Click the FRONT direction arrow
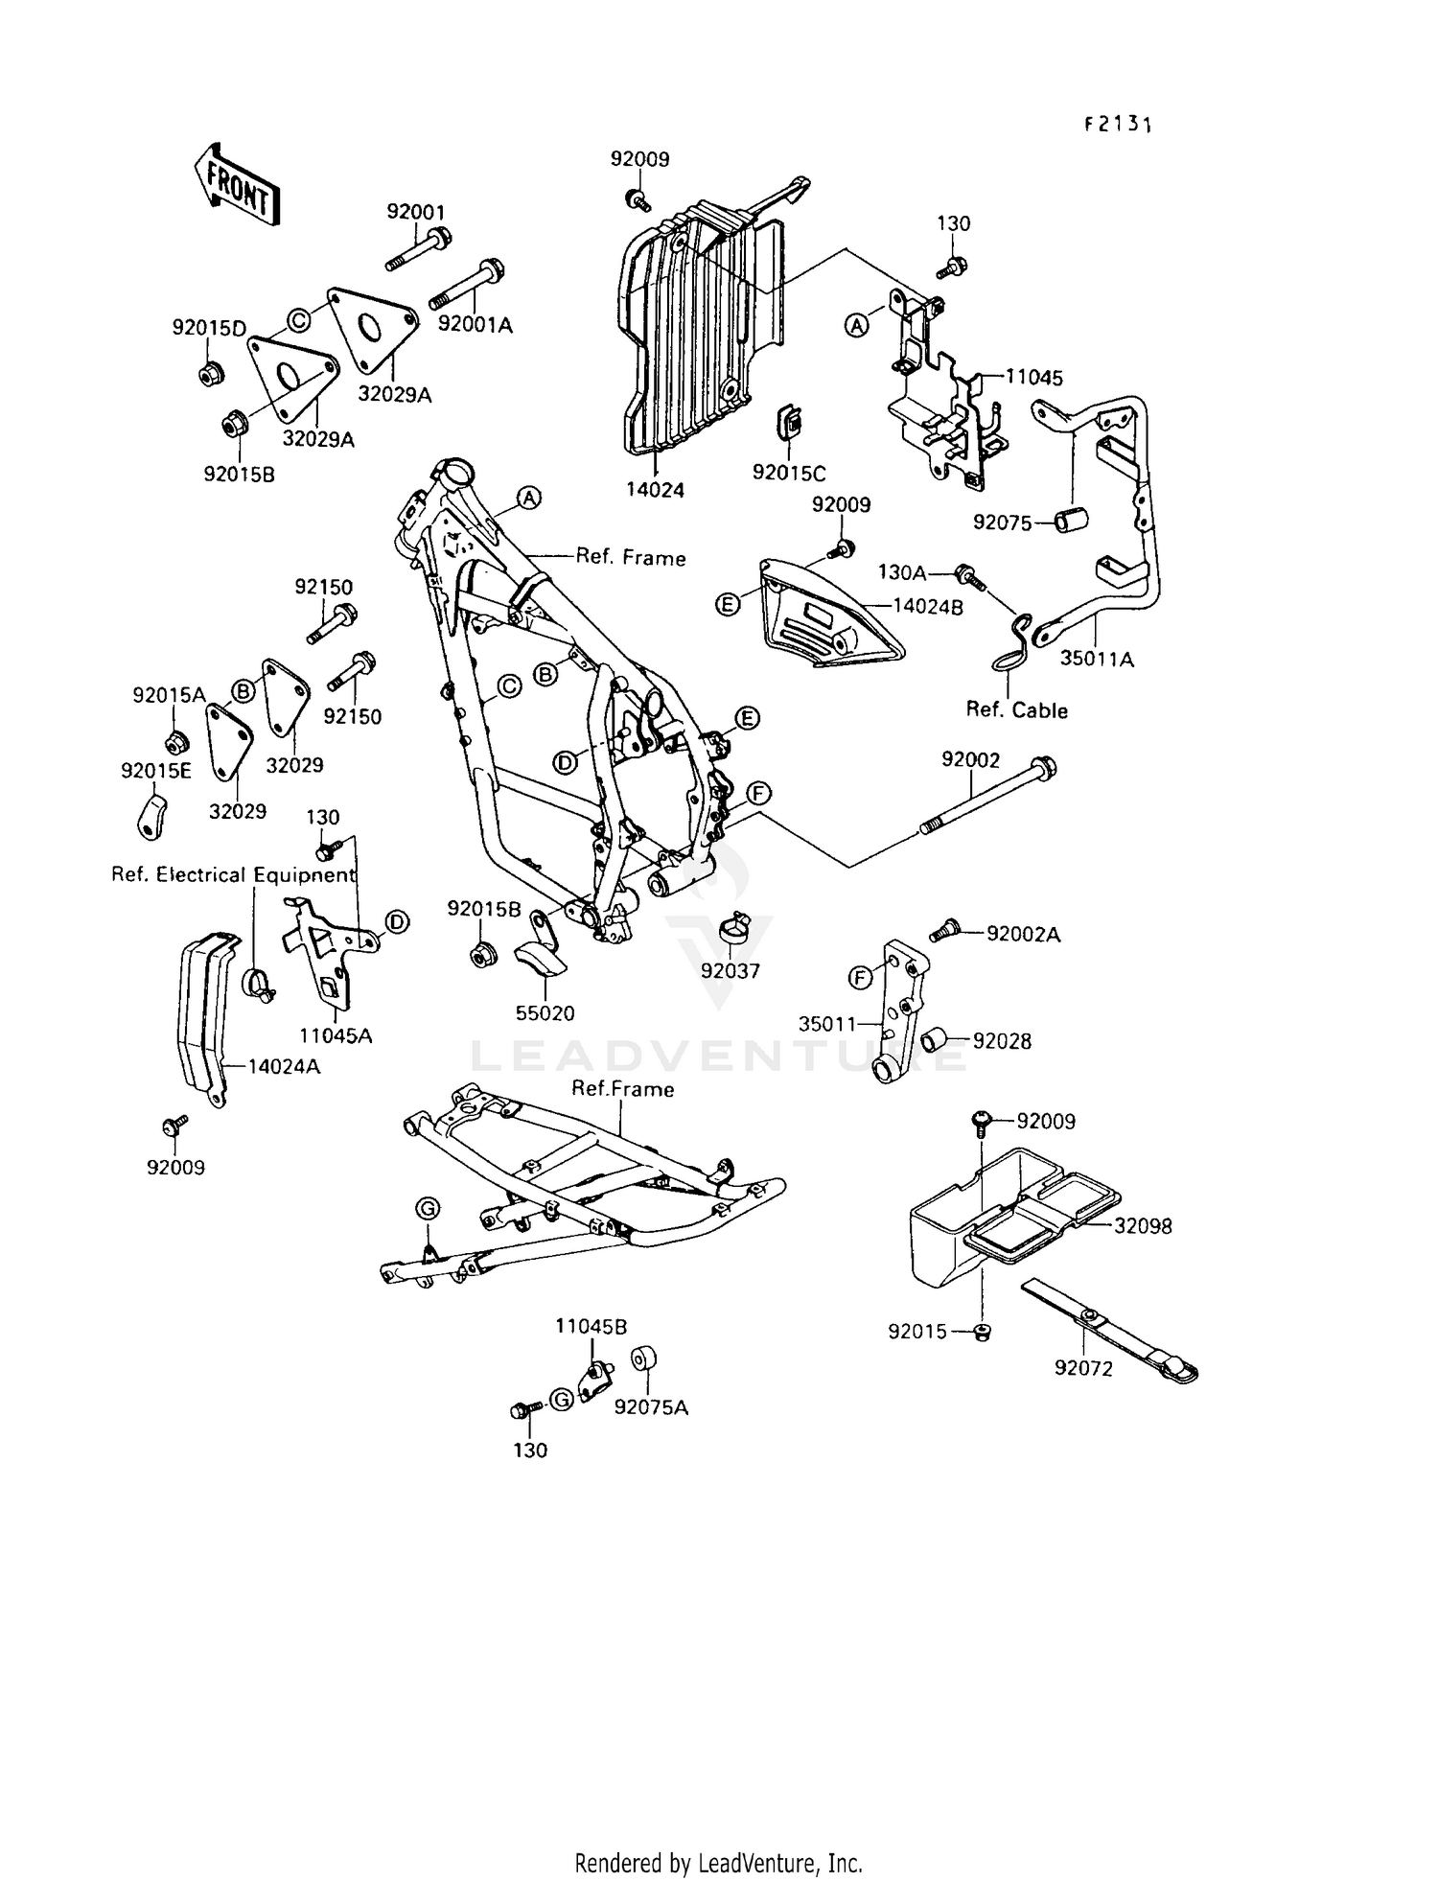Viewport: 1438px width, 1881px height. pos(236,185)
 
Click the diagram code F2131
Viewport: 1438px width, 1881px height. pos(1117,125)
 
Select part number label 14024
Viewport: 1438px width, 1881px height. pos(656,490)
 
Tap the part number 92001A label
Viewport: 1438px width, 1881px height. pos(475,326)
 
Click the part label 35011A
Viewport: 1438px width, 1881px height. pos(1097,660)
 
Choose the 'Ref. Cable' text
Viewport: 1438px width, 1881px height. pos(1016,710)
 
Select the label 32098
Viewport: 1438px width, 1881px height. pos(1142,1226)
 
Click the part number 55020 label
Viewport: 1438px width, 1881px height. pos(545,1013)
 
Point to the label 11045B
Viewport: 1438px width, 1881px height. pos(591,1327)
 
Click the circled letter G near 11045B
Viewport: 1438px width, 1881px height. pos(563,1400)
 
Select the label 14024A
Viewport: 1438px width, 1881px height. pos(284,1065)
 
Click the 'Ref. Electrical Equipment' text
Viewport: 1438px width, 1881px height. pos(233,874)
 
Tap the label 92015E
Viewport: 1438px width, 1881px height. pos(156,771)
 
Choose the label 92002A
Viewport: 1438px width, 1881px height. pos(1023,935)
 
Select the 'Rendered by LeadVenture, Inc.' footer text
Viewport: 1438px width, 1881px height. pos(718,1863)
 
